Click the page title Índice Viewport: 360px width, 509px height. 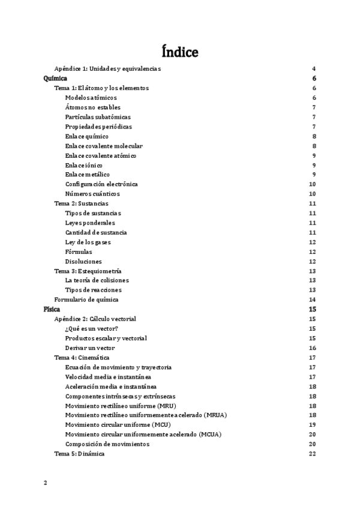(x=180, y=52)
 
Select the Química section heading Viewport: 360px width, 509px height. (x=55, y=79)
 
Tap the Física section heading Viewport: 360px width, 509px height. (x=52, y=309)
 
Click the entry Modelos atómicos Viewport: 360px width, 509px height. (x=91, y=98)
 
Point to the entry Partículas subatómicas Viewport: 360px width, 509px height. (x=98, y=117)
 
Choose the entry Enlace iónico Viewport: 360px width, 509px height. (x=84, y=165)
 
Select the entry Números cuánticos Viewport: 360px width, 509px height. (x=92, y=194)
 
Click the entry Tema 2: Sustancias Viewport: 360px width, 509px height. (x=82, y=203)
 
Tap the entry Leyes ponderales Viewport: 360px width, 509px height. (x=90, y=223)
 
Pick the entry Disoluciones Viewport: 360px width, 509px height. (x=83, y=261)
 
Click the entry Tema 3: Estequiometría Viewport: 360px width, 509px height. (x=88, y=271)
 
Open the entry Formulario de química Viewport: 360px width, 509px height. (x=86, y=300)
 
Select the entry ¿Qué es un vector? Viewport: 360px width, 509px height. (x=92, y=328)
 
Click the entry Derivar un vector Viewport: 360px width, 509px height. (x=90, y=348)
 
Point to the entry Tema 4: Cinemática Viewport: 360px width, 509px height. (x=82, y=357)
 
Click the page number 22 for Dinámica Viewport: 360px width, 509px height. (x=312, y=454)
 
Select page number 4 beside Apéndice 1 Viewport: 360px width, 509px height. (x=314, y=69)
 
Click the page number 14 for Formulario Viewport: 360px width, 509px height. (x=312, y=300)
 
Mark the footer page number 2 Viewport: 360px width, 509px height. (x=45, y=482)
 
